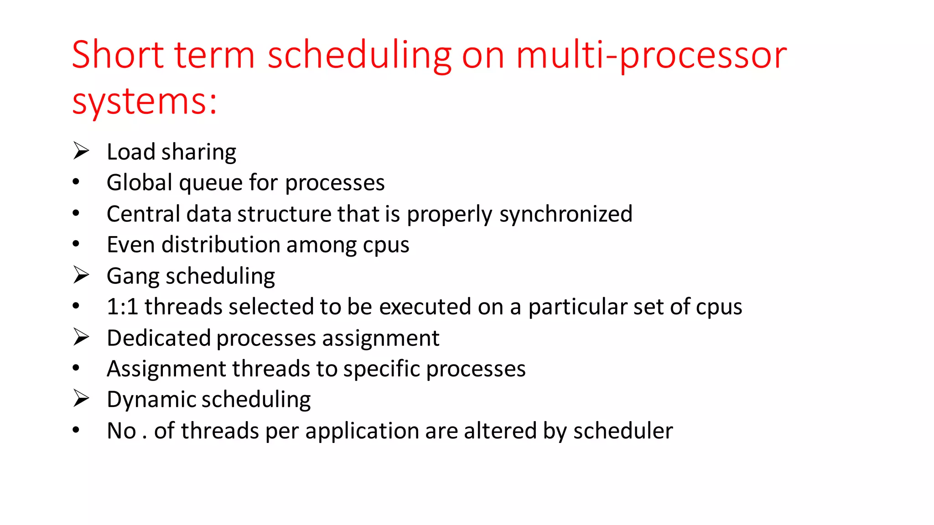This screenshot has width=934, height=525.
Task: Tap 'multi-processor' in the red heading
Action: (x=651, y=56)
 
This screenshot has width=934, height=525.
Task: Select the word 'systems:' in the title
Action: (x=145, y=101)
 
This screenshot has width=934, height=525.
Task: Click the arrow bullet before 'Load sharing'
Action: (x=81, y=151)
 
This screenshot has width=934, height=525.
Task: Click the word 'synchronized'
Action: (x=566, y=214)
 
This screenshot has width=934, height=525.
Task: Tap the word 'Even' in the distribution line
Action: (x=131, y=245)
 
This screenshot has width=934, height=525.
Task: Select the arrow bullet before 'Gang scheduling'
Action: (x=81, y=275)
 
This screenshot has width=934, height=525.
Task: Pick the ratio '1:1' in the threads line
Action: (x=122, y=306)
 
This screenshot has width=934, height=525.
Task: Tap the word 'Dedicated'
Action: (x=158, y=338)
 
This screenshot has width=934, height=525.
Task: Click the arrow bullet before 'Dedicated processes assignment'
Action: (x=81, y=337)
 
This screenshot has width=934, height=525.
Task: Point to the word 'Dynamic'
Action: (x=151, y=400)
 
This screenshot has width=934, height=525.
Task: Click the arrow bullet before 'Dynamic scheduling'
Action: (x=81, y=399)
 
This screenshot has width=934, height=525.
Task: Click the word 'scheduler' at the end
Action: (x=623, y=431)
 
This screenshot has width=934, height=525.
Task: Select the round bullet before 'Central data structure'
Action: (x=76, y=213)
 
